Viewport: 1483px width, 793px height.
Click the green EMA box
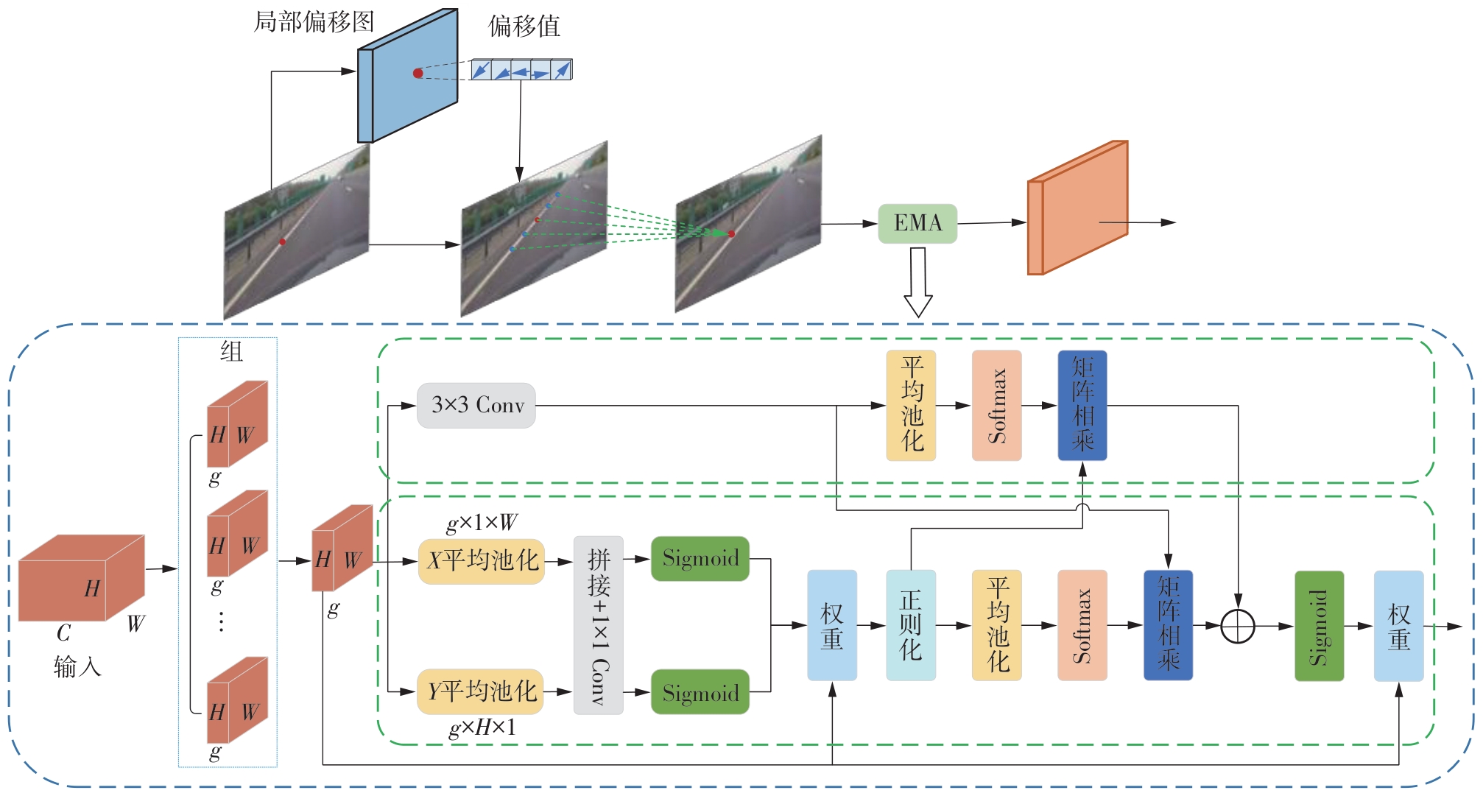pos(917,223)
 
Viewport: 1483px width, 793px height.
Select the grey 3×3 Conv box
pos(476,405)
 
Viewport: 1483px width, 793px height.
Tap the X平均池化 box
pos(482,561)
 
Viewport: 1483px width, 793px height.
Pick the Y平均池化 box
pos(481,691)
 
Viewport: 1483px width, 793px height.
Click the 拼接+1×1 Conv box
pos(599,625)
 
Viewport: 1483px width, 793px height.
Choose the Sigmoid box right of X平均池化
pos(700,558)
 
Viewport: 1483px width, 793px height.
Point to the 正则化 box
pos(911,625)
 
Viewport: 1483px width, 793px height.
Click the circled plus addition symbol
pos(1238,627)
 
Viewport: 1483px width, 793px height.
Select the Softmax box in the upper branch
pos(996,406)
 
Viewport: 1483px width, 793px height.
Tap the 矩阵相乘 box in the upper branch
pos(1082,406)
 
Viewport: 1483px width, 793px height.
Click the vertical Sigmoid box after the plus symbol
pos(1319,626)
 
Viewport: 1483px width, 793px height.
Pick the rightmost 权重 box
pos(1398,626)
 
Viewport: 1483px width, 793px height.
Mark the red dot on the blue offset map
pos(418,73)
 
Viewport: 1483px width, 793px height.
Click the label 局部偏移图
pos(314,22)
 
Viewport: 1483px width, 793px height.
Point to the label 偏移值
pos(524,27)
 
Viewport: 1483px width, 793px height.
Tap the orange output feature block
pos(1077,208)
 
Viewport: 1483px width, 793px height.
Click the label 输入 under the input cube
pos(77,667)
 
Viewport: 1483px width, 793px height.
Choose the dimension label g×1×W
pos(482,523)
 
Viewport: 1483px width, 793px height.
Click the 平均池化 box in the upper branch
pos(911,406)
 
